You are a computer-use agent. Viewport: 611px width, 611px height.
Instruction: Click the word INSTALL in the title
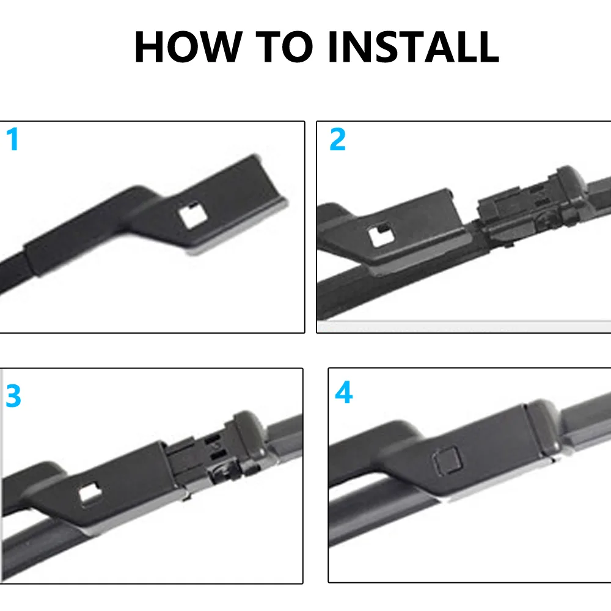413,47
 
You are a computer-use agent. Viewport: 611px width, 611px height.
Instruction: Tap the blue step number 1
12,140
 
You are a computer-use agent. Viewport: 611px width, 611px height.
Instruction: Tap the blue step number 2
337,140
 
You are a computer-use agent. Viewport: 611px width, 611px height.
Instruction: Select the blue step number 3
13,397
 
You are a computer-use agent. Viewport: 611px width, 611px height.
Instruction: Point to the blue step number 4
343,393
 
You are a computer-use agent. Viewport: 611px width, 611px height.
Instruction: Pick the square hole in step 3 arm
89,490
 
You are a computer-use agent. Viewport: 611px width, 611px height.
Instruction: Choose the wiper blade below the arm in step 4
379,519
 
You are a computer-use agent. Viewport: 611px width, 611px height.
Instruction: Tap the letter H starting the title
150,47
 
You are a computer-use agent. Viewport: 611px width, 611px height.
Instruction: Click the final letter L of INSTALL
486,47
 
